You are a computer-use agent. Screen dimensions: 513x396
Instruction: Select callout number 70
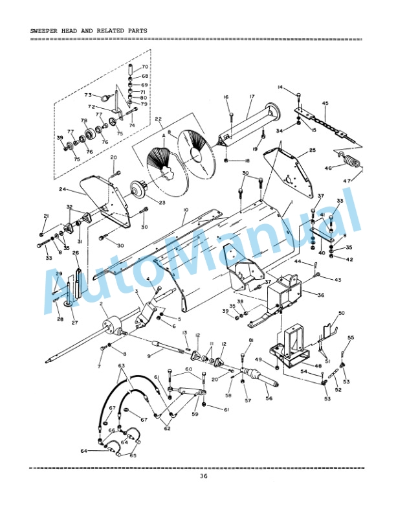pos(145,67)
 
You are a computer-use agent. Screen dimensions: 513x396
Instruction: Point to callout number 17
pos(252,97)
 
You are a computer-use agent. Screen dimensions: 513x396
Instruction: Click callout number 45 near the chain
pos(325,103)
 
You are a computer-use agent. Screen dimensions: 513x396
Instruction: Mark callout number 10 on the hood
pos(185,211)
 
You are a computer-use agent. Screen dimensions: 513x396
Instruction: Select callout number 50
pos(341,313)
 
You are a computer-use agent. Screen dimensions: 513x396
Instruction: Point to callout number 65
pos(133,455)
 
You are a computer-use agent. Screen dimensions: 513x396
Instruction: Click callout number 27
pos(74,323)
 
